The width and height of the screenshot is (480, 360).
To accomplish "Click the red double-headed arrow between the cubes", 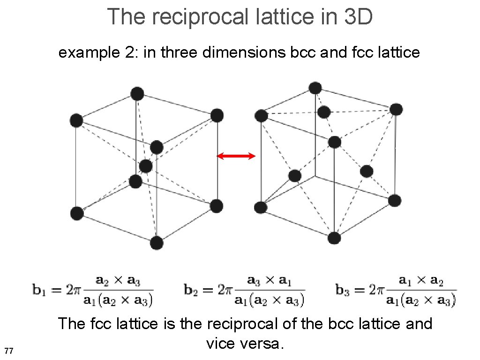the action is click(x=236, y=156).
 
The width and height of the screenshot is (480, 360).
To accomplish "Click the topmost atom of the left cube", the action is click(x=137, y=94).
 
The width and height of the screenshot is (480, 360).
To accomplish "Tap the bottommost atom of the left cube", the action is click(x=157, y=243).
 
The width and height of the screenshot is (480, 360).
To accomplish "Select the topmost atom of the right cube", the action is click(x=315, y=88).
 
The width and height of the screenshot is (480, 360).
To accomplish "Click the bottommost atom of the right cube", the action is click(x=334, y=238).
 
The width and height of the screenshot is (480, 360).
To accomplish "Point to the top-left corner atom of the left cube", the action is click(x=76, y=120).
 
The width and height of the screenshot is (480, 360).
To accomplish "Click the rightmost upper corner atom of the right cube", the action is click(x=396, y=110).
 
